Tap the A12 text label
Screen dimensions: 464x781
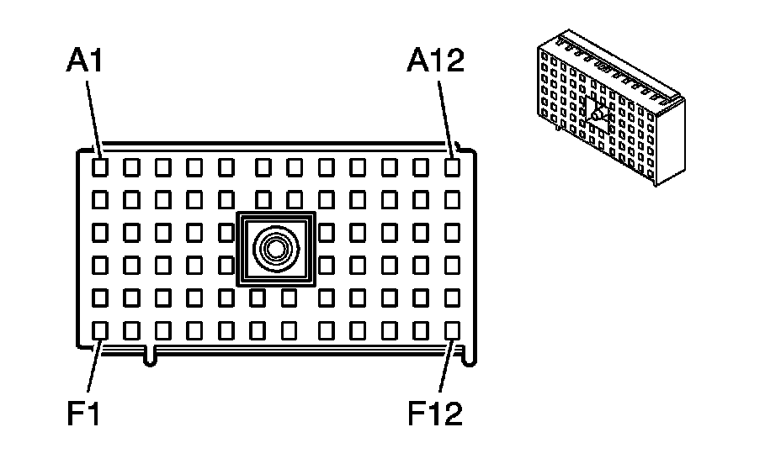coord(435,62)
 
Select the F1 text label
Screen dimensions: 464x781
coord(84,413)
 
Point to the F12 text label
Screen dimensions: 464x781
coord(435,413)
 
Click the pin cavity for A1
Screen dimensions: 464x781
coord(99,167)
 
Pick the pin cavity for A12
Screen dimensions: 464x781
coord(453,167)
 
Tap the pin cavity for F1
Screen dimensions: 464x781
coord(99,330)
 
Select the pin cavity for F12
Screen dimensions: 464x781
coord(453,330)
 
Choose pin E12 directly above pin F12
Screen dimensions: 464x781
coord(453,298)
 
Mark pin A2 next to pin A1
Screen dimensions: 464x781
coord(131,167)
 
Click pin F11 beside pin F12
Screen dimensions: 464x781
coord(421,330)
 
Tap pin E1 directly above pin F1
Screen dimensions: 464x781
coord(99,298)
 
